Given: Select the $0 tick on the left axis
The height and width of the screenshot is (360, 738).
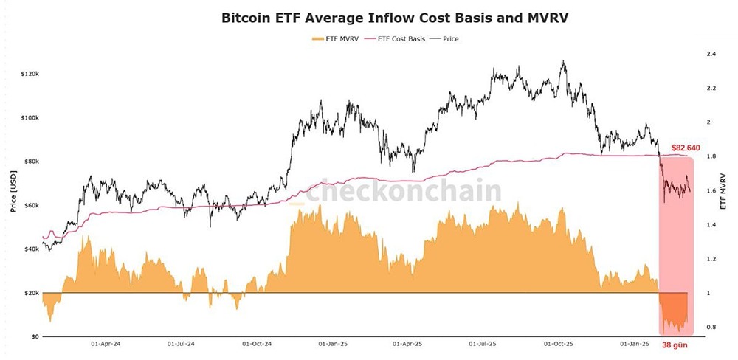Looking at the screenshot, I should [x=34, y=336].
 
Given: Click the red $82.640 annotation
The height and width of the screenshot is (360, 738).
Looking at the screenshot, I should [x=686, y=148].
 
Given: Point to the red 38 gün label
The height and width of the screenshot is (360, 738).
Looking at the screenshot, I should [x=676, y=345].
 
